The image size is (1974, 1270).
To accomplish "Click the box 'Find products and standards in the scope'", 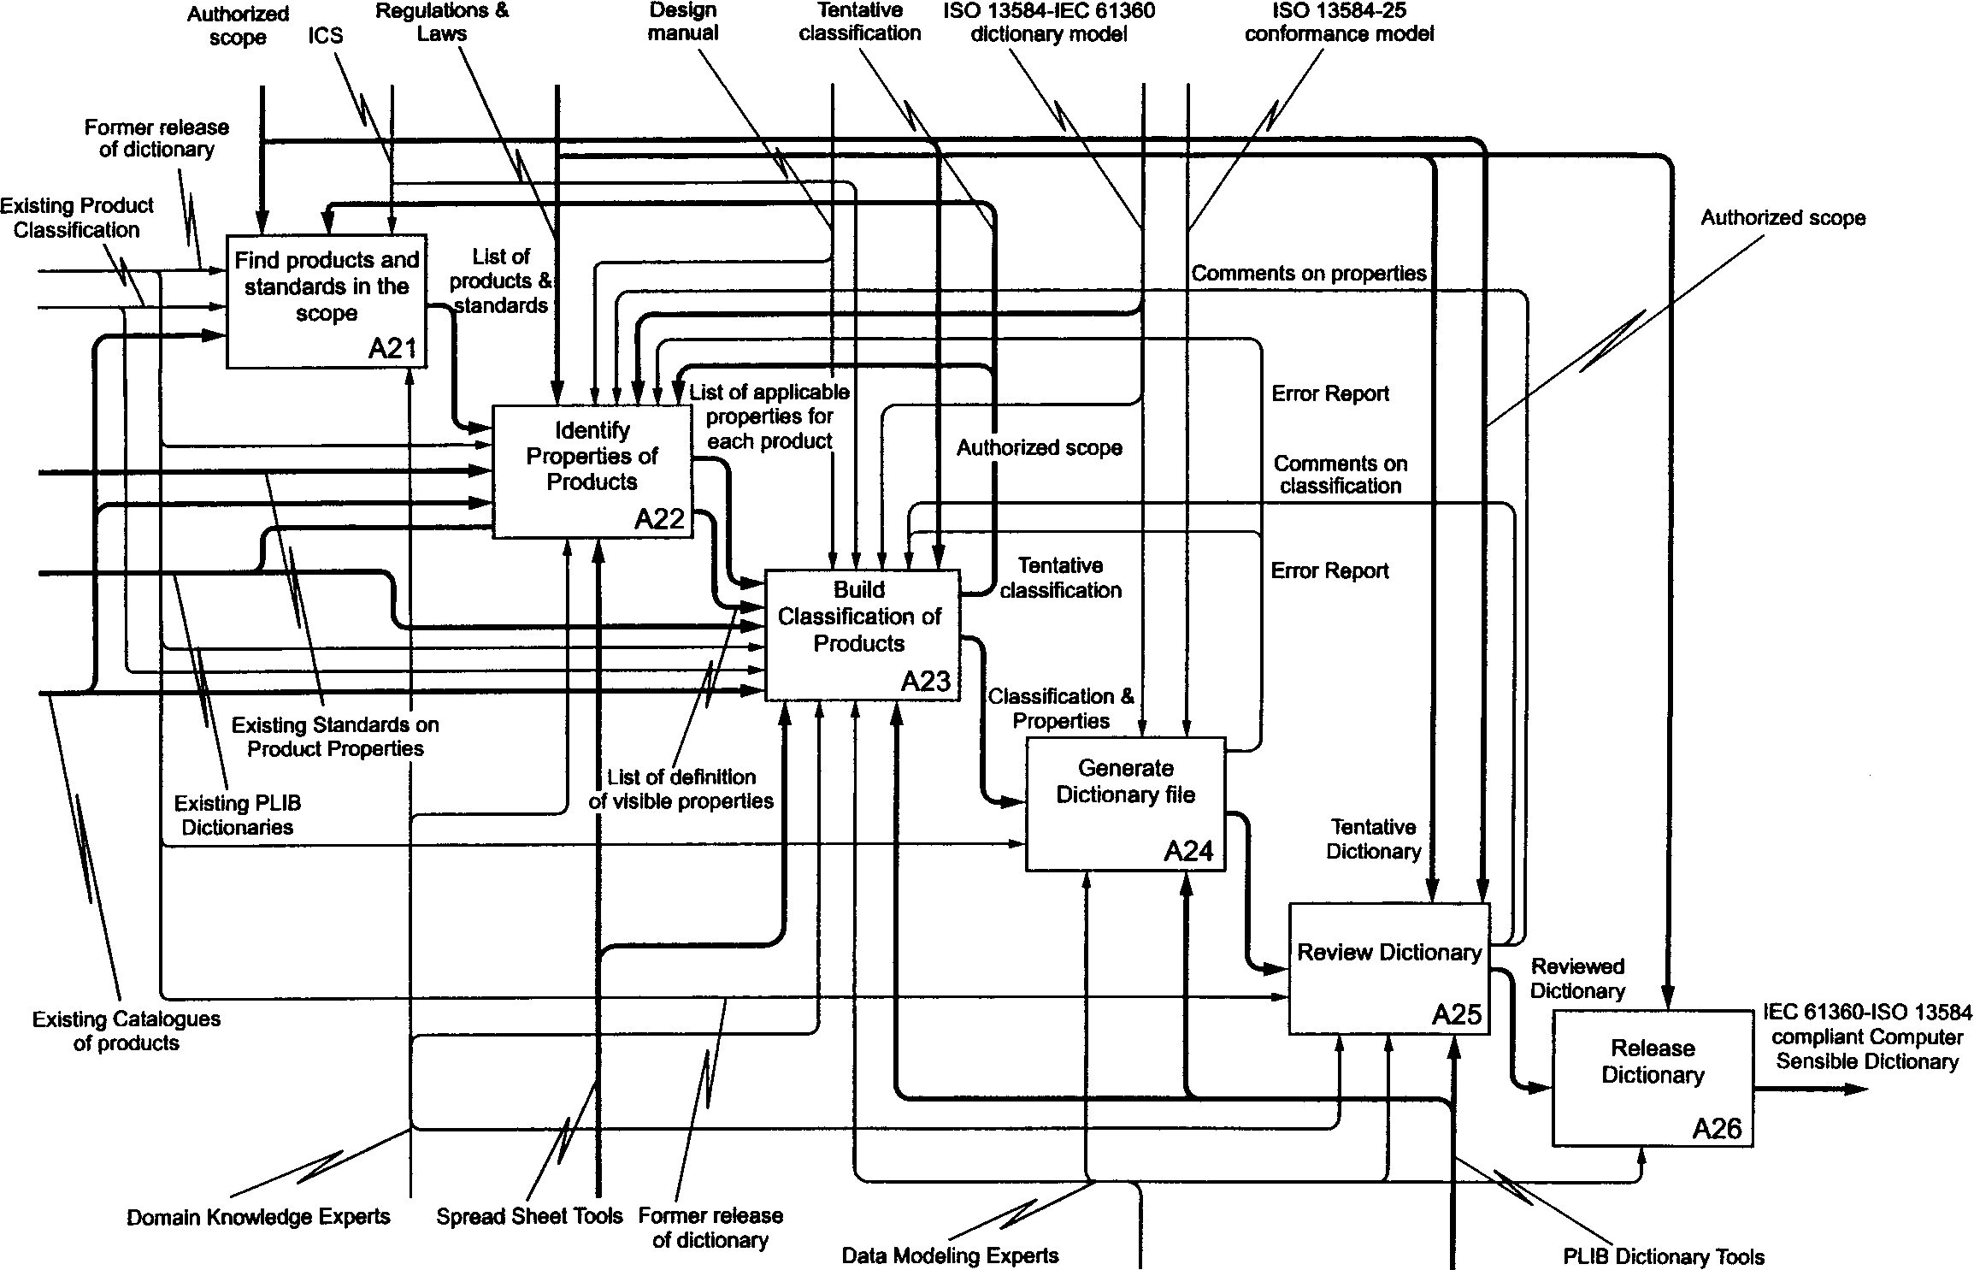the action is click(x=326, y=301).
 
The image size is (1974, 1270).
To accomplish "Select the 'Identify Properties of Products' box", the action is click(x=592, y=471).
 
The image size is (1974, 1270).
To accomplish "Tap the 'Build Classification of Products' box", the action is click(x=862, y=635).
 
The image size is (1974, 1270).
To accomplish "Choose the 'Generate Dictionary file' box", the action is click(x=1125, y=804).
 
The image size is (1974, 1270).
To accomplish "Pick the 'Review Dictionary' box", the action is click(x=1389, y=968).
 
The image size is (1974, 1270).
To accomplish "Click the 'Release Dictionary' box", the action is click(x=1653, y=1078).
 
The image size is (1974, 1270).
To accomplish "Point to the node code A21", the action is click(x=392, y=349).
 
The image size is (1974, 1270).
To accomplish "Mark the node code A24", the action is click(x=1188, y=851).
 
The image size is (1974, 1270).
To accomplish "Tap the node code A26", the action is click(x=1717, y=1129).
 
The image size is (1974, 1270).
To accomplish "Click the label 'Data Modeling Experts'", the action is click(x=950, y=1255).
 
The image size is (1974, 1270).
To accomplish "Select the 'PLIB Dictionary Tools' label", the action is click(x=1664, y=1256).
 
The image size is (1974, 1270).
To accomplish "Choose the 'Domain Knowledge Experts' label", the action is click(x=258, y=1217).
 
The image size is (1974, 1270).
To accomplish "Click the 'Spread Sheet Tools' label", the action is click(x=529, y=1216).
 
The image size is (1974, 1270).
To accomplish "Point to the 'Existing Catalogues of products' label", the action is click(x=127, y=1031).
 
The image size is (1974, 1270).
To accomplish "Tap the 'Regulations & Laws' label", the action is click(x=442, y=22).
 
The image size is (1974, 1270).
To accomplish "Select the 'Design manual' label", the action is click(x=682, y=22).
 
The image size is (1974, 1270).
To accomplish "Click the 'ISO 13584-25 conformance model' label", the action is click(x=1339, y=22).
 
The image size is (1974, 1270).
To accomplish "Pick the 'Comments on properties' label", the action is click(x=1309, y=273).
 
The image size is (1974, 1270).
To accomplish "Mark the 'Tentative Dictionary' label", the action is click(x=1373, y=839).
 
